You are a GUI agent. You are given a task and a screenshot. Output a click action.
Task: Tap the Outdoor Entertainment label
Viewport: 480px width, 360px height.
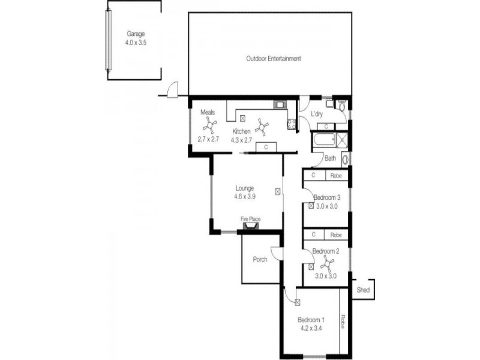(273, 59)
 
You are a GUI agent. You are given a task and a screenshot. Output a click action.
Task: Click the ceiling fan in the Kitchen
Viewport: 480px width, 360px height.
(262, 126)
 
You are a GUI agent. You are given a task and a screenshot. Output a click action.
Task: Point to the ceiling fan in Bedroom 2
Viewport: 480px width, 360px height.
(328, 263)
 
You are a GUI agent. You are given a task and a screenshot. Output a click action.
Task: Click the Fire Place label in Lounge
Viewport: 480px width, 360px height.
(250, 219)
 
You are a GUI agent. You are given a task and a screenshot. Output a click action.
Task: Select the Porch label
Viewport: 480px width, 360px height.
(260, 260)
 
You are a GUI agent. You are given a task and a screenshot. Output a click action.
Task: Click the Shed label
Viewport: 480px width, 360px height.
(363, 290)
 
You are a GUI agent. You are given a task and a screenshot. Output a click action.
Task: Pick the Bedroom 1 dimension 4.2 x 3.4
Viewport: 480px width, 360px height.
(310, 328)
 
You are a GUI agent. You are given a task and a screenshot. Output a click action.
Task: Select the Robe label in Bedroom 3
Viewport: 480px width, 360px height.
(336, 176)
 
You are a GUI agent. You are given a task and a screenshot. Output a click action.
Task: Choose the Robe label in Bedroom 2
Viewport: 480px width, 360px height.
(336, 235)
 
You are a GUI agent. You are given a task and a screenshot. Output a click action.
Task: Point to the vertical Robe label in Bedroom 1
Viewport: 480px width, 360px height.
(343, 322)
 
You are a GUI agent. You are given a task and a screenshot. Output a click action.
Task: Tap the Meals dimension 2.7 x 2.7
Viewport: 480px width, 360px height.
(209, 139)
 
